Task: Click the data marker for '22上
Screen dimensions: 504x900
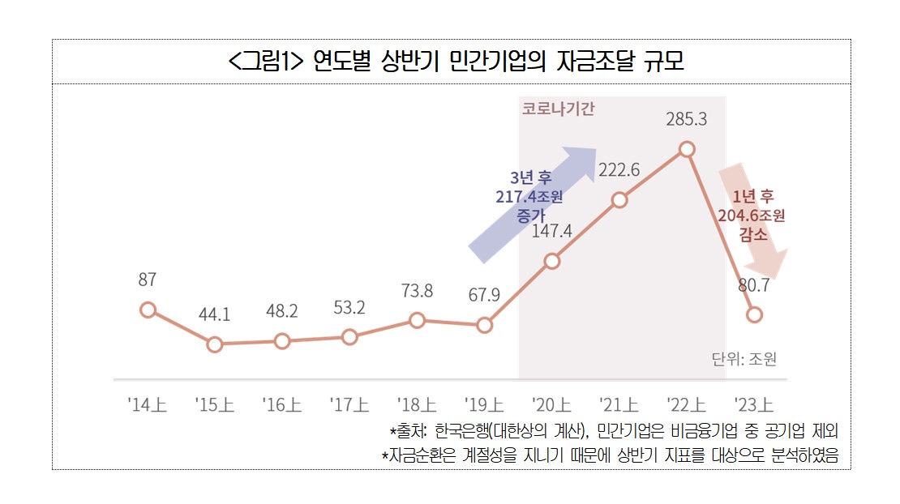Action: (687, 149)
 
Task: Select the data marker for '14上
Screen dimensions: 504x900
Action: (147, 310)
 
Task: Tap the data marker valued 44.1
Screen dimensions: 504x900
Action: (214, 344)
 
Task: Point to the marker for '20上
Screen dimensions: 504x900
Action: (551, 261)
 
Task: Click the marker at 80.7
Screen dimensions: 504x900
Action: (754, 314)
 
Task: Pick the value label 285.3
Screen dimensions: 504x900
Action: (687, 119)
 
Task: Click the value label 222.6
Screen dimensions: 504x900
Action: (619, 170)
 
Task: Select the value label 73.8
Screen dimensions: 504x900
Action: (417, 290)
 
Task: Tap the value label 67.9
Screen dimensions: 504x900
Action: (484, 295)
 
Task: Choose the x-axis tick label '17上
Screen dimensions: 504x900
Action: (349, 404)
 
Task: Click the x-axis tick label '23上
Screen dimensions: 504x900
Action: (754, 404)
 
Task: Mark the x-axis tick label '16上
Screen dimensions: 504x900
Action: (282, 404)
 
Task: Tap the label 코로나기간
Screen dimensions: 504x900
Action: (558, 109)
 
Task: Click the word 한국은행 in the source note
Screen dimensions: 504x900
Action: (462, 430)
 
